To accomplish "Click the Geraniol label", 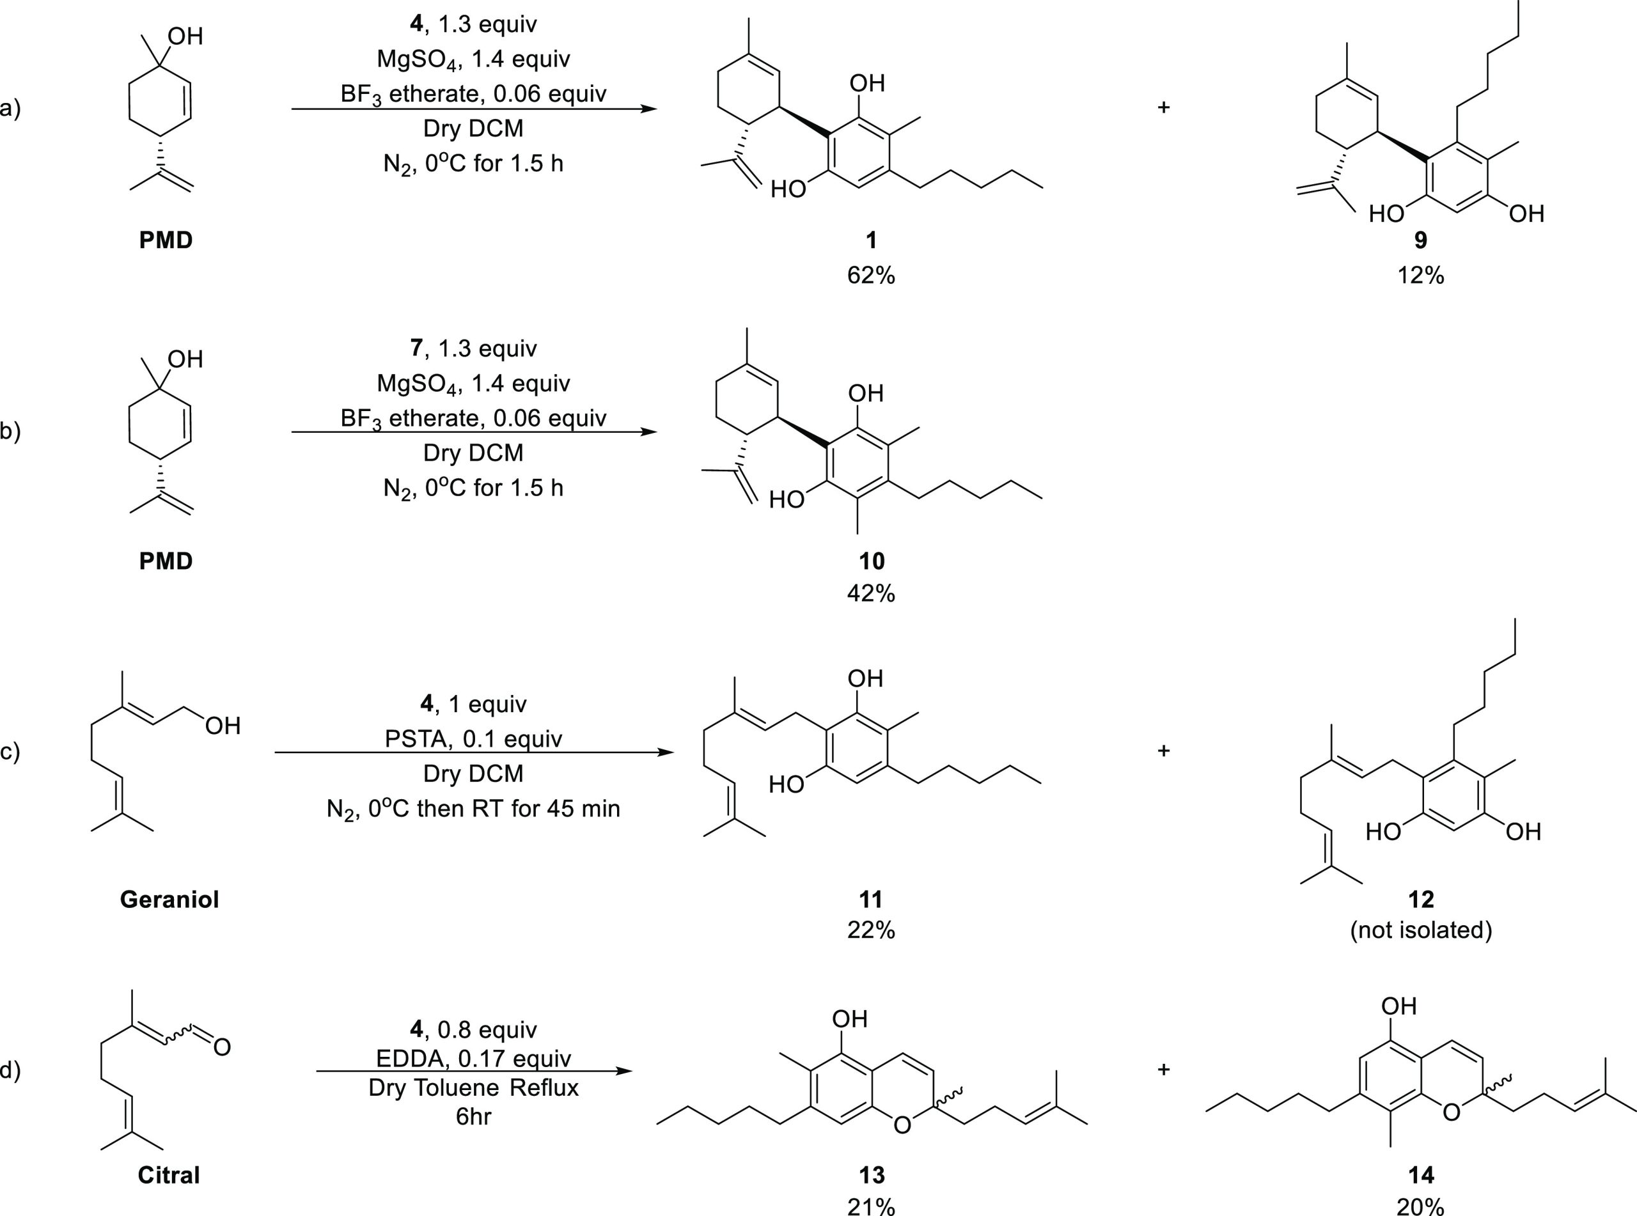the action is [169, 900].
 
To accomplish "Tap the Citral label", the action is [169, 1175].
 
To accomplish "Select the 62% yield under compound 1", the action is [871, 276].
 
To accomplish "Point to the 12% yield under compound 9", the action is [1421, 276].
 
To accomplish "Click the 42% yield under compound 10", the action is [871, 593].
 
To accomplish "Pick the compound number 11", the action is [871, 900].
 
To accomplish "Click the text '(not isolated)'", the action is [1421, 930].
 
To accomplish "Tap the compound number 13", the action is [871, 1175].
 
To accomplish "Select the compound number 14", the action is [1421, 1175].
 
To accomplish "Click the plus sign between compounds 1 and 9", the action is [1163, 107].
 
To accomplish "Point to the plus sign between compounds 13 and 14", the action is [1163, 1069].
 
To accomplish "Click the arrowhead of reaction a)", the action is [648, 109].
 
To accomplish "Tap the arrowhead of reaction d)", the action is [624, 1071].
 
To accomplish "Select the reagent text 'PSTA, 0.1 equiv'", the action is [473, 739].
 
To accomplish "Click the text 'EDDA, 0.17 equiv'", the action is [473, 1059].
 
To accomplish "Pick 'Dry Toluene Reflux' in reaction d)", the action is [473, 1088].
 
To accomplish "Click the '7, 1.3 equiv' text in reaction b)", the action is [473, 348].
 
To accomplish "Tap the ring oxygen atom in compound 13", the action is [902, 1125].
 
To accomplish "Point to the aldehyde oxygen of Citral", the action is [221, 1047].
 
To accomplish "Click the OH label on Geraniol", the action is [223, 726].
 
